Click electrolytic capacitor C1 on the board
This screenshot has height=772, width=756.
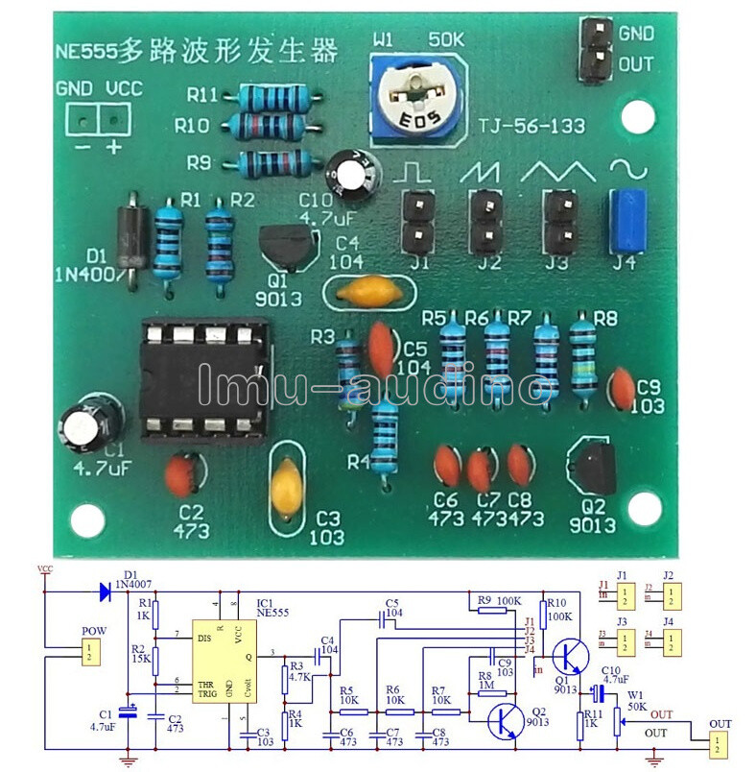tap(94, 422)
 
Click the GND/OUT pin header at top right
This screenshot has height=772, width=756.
tap(596, 50)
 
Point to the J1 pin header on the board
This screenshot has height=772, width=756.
tap(416, 220)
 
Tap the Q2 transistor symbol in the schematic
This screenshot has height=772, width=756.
tap(501, 716)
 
